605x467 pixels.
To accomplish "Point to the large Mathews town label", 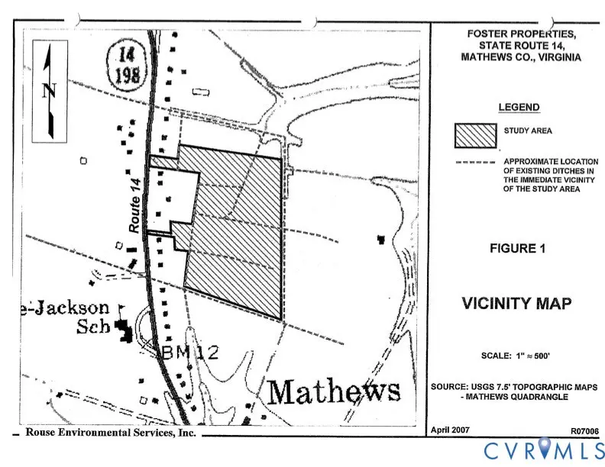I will [x=335, y=392].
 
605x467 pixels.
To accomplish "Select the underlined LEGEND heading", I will [x=519, y=108].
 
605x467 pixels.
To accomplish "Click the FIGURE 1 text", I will [x=518, y=248].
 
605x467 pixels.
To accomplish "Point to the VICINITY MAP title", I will [x=516, y=304].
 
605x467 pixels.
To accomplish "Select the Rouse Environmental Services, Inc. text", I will [x=111, y=432].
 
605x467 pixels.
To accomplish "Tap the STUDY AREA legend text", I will [x=527, y=130].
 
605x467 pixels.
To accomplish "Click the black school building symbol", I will [x=121, y=330].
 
